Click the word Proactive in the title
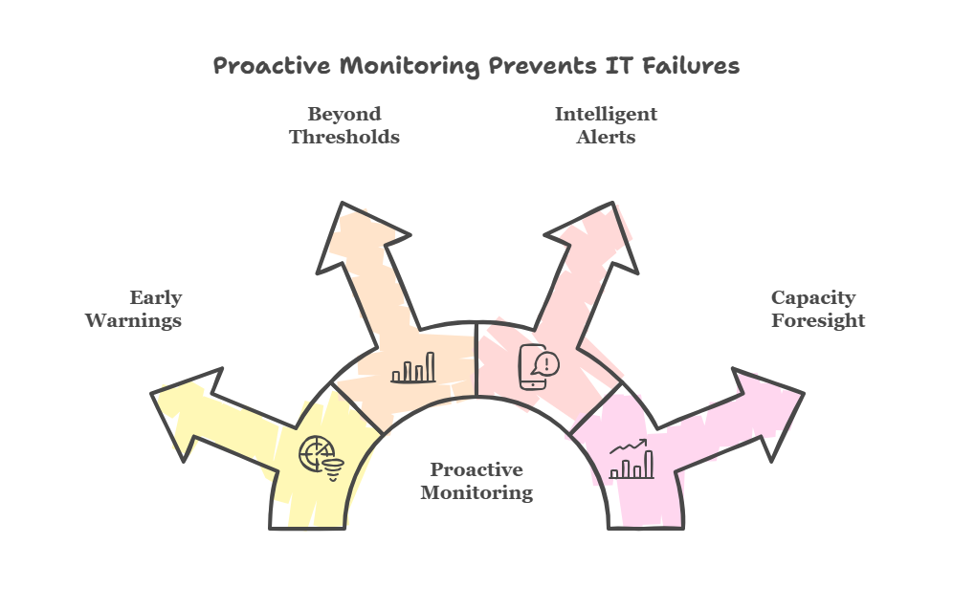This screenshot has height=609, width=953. pyautogui.click(x=257, y=66)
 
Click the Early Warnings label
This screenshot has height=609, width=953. pyautogui.click(x=134, y=309)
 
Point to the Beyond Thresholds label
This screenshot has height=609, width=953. pyautogui.click(x=344, y=125)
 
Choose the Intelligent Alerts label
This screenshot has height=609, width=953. pyautogui.click(x=606, y=125)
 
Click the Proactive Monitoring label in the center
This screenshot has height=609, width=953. pyautogui.click(x=476, y=481)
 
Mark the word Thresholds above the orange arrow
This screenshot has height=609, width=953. pyautogui.click(x=344, y=137)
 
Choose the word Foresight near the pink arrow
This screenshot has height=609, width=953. pyautogui.click(x=818, y=320)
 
